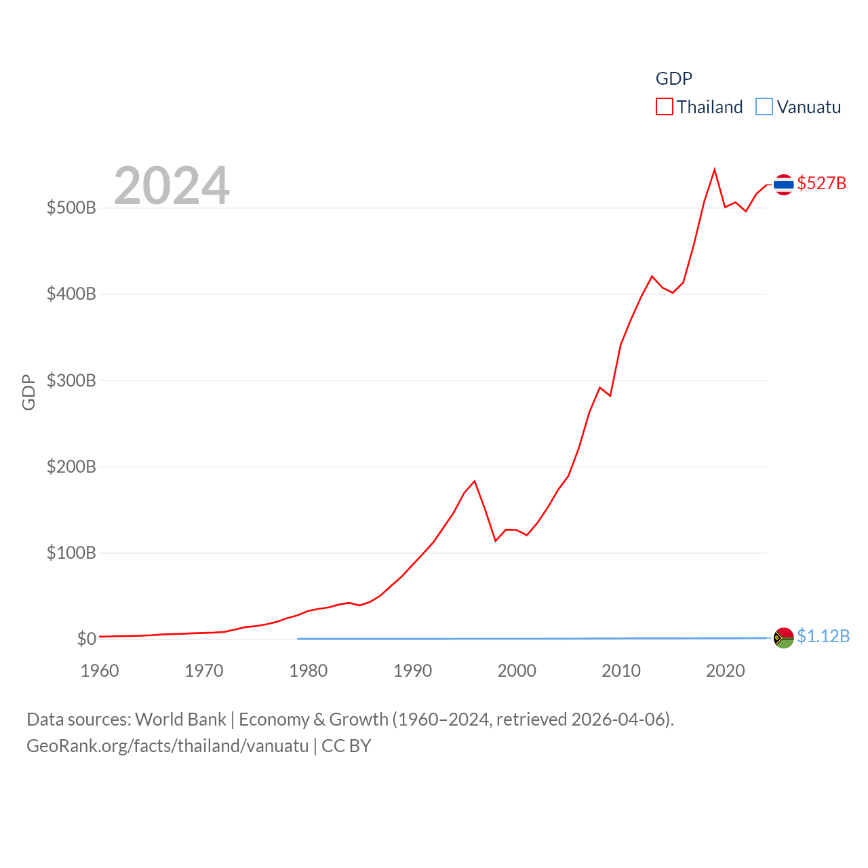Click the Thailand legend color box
tap(665, 107)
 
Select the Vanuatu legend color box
tap(764, 107)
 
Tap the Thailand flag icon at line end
tap(783, 184)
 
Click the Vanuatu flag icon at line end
tap(783, 637)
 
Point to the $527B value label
tap(821, 184)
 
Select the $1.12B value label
tap(823, 636)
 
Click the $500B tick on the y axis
tap(71, 208)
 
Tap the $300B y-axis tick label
tap(71, 380)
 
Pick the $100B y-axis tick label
tap(71, 553)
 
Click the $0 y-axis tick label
tap(86, 639)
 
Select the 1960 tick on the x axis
tap(100, 671)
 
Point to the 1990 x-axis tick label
tap(412, 671)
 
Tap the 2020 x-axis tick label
tap(726, 671)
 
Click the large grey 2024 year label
tap(172, 186)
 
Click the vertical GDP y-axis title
tap(28, 392)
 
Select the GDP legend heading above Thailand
tap(673, 79)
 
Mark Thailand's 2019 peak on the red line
tap(715, 170)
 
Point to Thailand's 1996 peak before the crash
tap(475, 481)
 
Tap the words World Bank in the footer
tap(180, 719)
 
